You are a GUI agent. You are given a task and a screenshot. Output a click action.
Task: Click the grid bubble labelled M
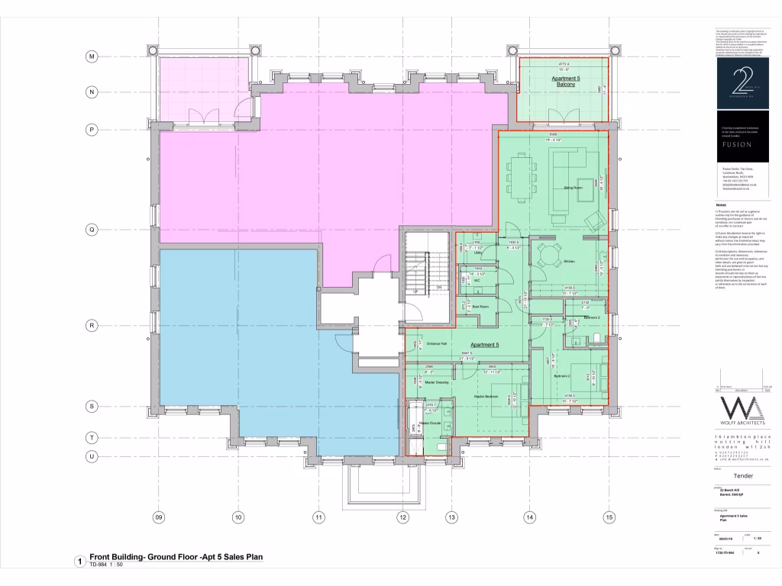[x=91, y=57]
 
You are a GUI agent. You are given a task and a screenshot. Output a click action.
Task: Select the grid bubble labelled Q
[x=91, y=228]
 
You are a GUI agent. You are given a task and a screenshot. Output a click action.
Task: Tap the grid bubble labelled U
[x=91, y=456]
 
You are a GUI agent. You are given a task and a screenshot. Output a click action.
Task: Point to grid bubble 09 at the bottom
[x=159, y=517]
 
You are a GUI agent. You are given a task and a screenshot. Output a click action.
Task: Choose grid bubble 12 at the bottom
[x=401, y=517]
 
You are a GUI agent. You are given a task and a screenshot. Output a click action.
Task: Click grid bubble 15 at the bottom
[x=609, y=517]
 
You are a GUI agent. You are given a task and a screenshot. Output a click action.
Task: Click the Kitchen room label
[x=569, y=262]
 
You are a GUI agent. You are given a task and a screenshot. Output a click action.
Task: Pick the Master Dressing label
[x=425, y=382]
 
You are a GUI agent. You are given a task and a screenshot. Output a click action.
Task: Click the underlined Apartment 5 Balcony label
[x=566, y=82]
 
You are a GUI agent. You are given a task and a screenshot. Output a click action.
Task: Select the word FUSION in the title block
[x=736, y=143]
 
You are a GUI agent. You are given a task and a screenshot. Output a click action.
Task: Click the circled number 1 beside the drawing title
[x=79, y=562]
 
